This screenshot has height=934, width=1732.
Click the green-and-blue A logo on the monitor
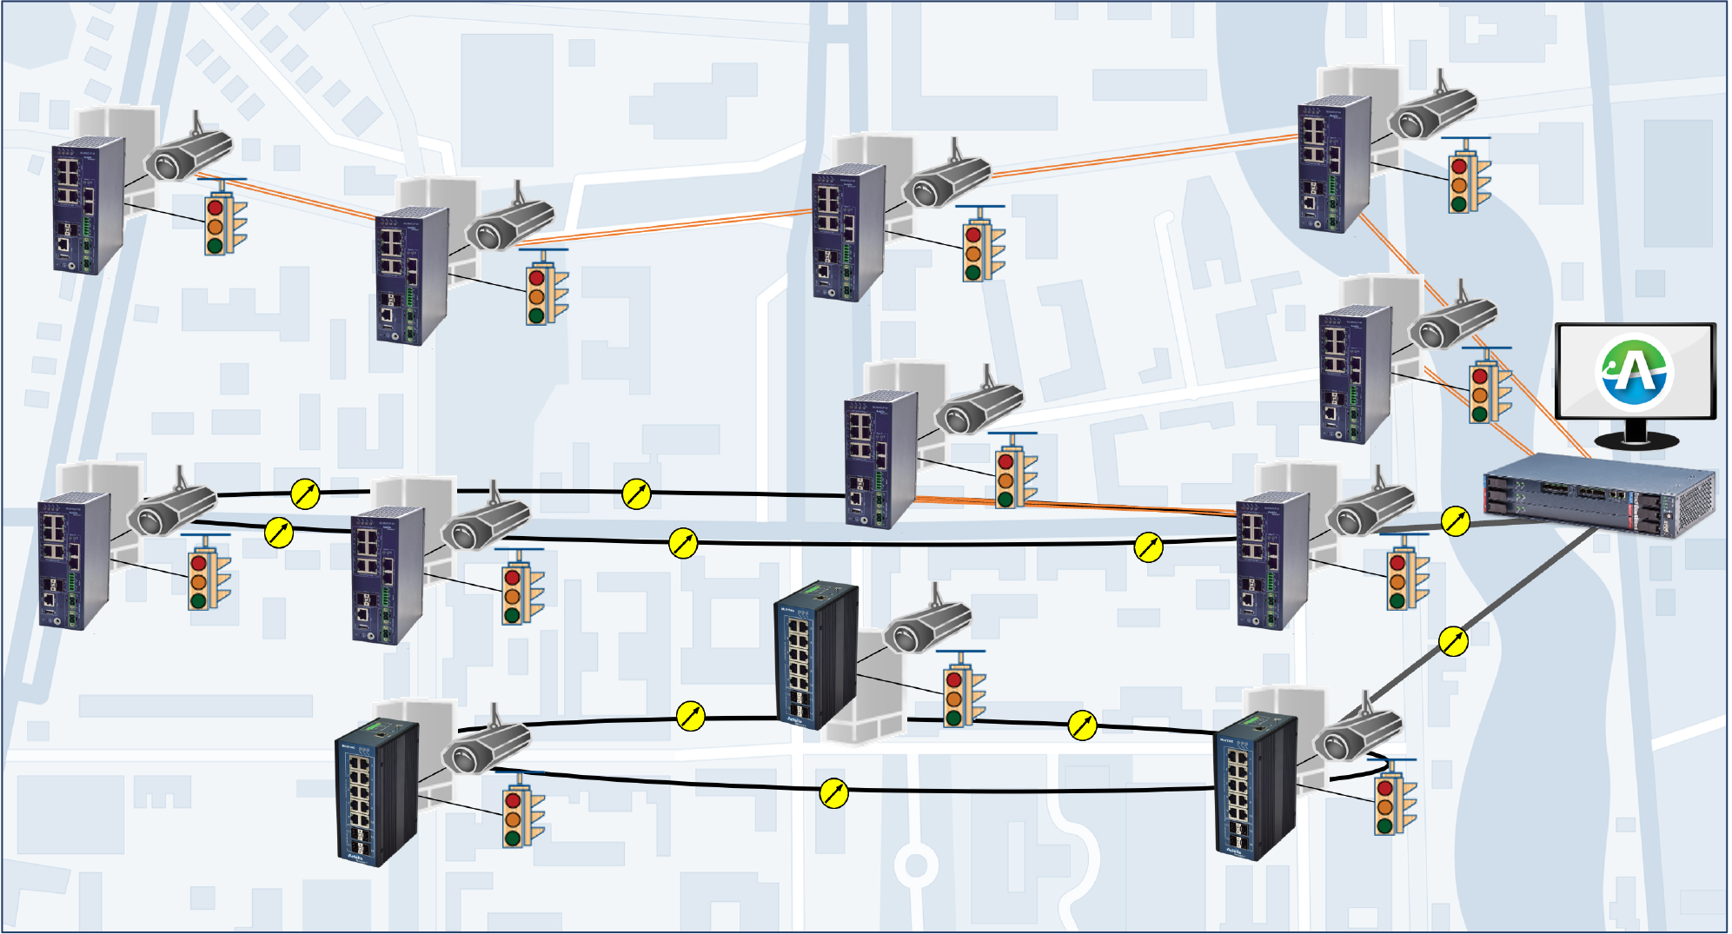click(x=1635, y=372)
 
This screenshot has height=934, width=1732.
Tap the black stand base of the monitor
click(x=1636, y=441)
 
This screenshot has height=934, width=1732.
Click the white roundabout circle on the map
click(x=915, y=865)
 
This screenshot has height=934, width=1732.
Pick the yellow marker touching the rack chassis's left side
click(x=1456, y=521)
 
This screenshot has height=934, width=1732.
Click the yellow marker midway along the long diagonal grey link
click(x=1453, y=642)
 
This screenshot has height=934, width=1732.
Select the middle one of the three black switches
click(x=815, y=656)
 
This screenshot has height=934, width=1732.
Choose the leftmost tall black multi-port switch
click(x=376, y=792)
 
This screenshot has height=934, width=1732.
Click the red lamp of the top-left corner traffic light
click(x=215, y=209)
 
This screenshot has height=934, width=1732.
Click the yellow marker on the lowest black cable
click(x=833, y=792)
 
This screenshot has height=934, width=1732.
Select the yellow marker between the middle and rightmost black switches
click(x=1082, y=725)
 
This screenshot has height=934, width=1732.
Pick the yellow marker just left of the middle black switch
click(x=690, y=716)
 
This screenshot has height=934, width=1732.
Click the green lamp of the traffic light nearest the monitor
click(x=1479, y=413)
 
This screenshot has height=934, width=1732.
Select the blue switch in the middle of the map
click(x=880, y=458)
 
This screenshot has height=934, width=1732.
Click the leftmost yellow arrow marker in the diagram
click(x=279, y=533)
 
